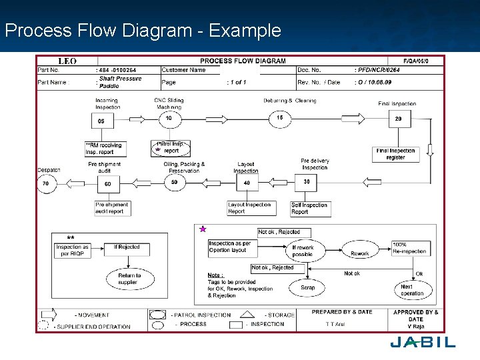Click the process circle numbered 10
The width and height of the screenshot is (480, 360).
169,119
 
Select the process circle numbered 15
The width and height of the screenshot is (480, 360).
280,119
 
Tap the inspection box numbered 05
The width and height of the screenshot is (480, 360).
101,121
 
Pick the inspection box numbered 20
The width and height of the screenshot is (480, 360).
399,119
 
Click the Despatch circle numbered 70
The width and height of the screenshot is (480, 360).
45,183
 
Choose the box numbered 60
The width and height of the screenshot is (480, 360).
107,184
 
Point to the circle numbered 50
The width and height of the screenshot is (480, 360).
175,182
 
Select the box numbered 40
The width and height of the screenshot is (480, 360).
247,183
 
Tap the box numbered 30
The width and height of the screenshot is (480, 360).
307,181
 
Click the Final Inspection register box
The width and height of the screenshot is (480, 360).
396,154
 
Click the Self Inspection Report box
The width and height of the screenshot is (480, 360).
309,209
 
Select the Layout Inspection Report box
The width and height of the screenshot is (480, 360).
249,209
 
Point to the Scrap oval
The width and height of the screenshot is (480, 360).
307,288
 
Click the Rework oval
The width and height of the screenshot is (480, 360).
360,253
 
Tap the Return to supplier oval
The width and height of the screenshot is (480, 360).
129,279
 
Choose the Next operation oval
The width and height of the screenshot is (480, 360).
412,291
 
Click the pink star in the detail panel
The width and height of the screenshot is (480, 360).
203,229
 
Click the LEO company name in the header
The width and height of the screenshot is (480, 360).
67,61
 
